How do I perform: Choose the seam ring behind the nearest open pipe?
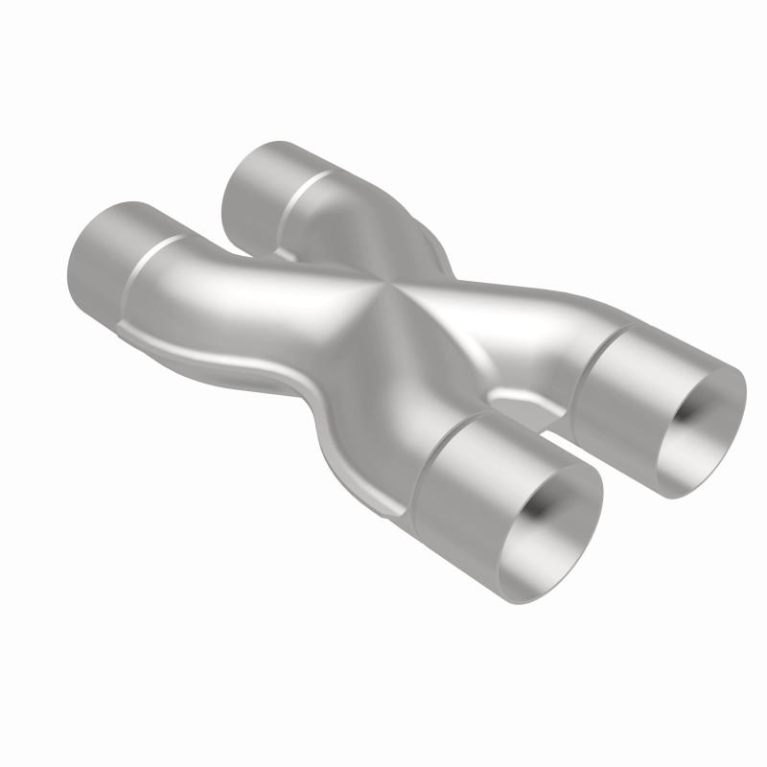(431, 451)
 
